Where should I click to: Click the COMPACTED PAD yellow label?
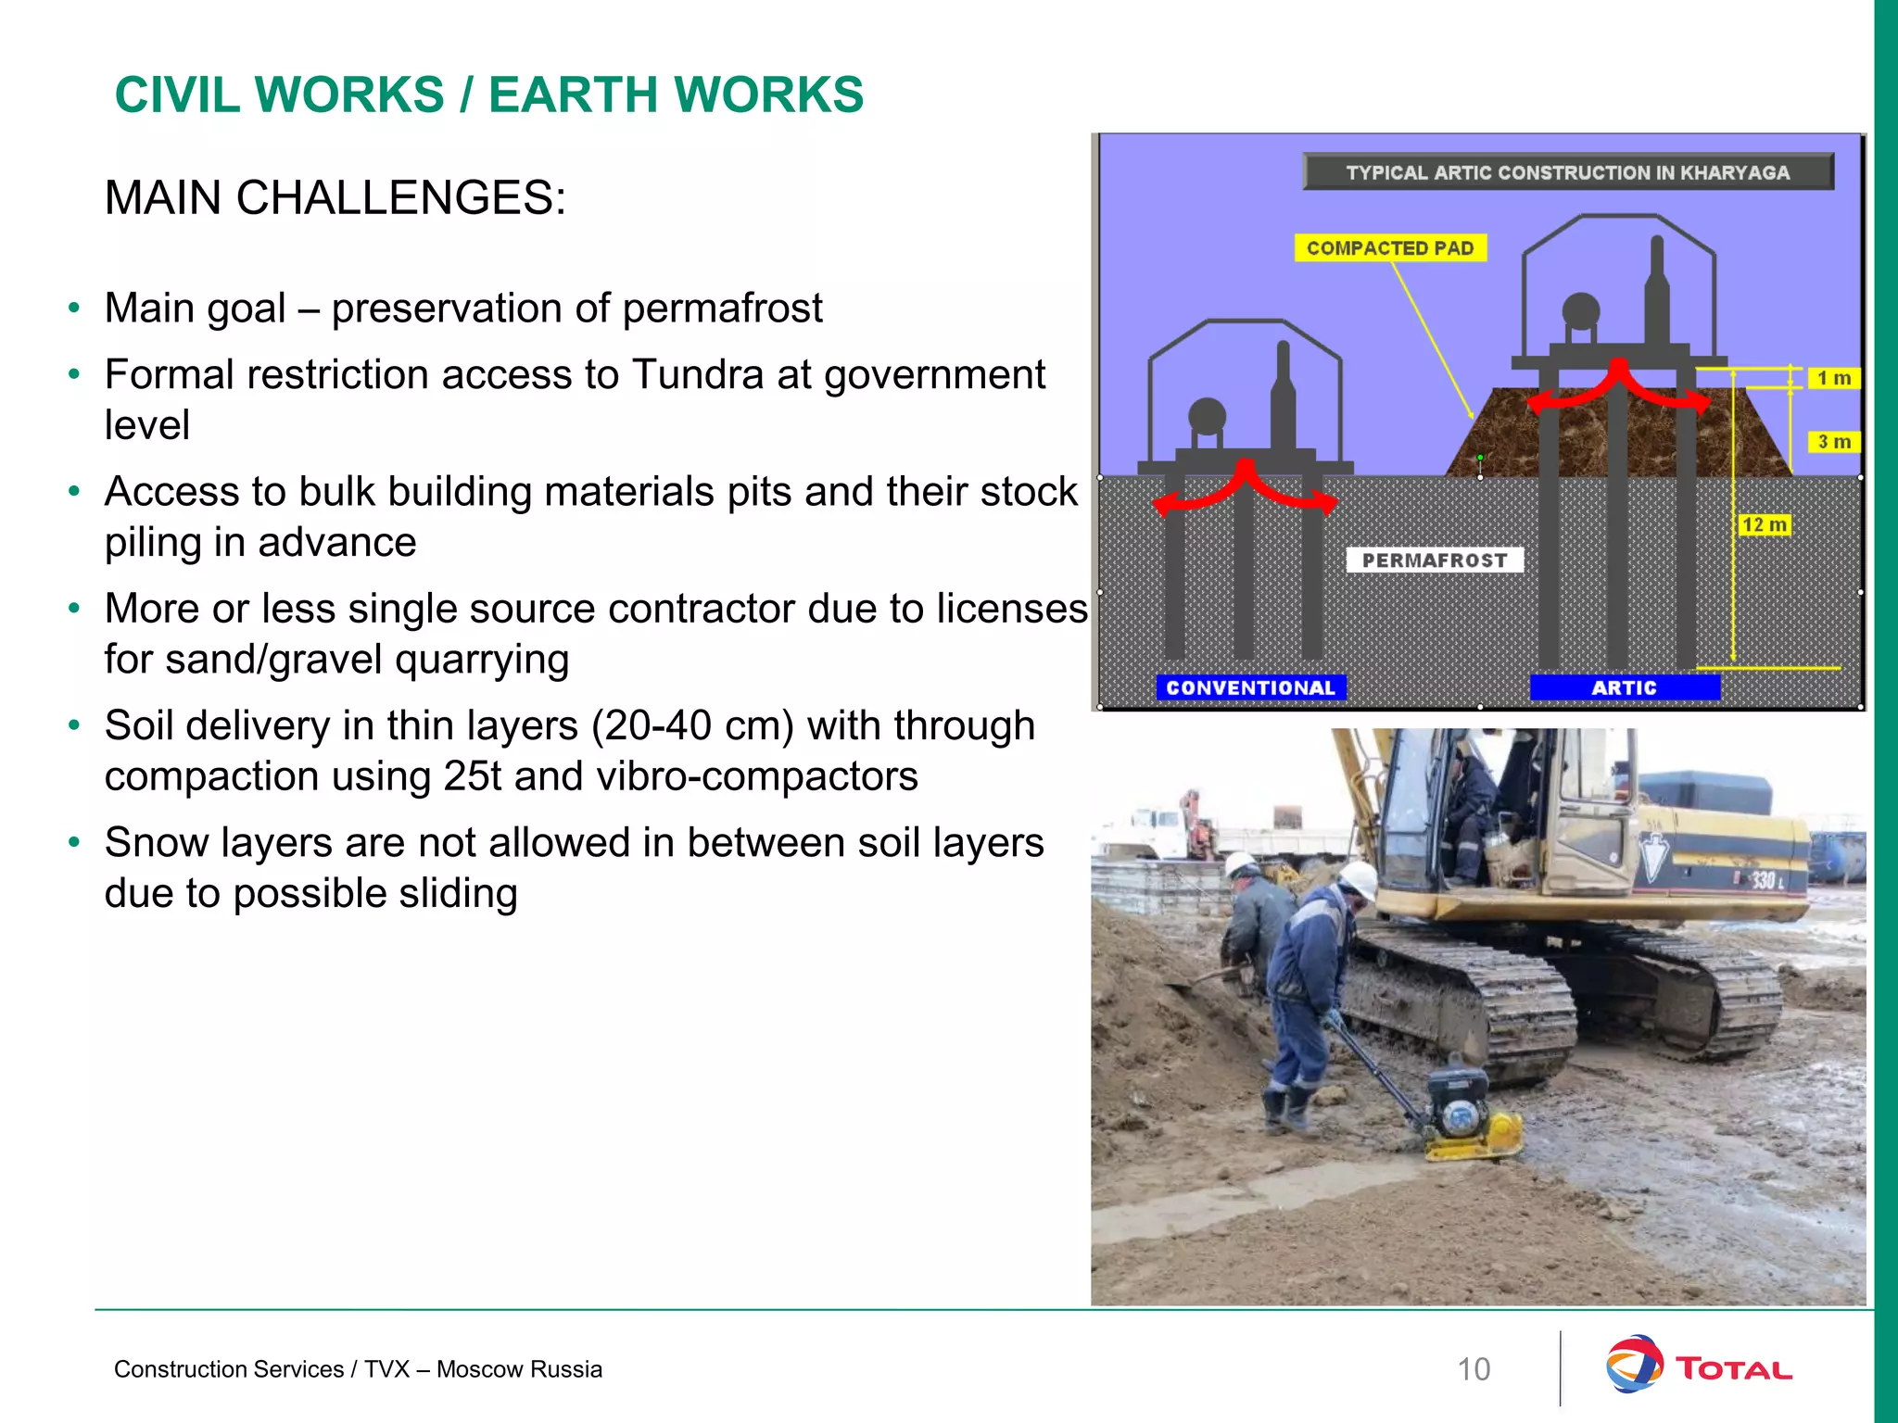coord(1390,248)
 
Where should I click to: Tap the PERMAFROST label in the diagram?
coord(1435,560)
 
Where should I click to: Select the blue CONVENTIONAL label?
coord(1250,687)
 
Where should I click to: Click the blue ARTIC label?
coord(1625,687)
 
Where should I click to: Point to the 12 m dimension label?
coord(1765,525)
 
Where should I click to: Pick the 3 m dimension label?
coord(1834,442)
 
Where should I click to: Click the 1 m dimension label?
coord(1834,378)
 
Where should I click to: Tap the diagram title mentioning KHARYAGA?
coord(1568,172)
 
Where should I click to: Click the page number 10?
coord(1474,1369)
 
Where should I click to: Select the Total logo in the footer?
coord(1698,1366)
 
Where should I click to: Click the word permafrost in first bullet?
coord(722,309)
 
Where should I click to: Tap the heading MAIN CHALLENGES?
coord(335,198)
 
